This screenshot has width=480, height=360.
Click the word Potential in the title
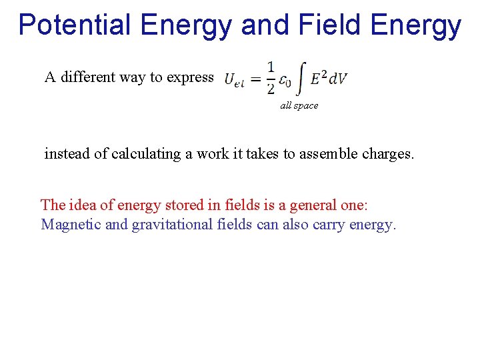(74, 25)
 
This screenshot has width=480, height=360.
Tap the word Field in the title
(323, 25)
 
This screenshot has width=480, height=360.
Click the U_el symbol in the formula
(234, 80)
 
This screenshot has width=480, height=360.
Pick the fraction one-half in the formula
(270, 77)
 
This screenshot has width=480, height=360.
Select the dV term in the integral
(339, 79)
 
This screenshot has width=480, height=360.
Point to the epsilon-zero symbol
(285, 80)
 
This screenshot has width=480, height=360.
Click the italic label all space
(299, 105)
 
